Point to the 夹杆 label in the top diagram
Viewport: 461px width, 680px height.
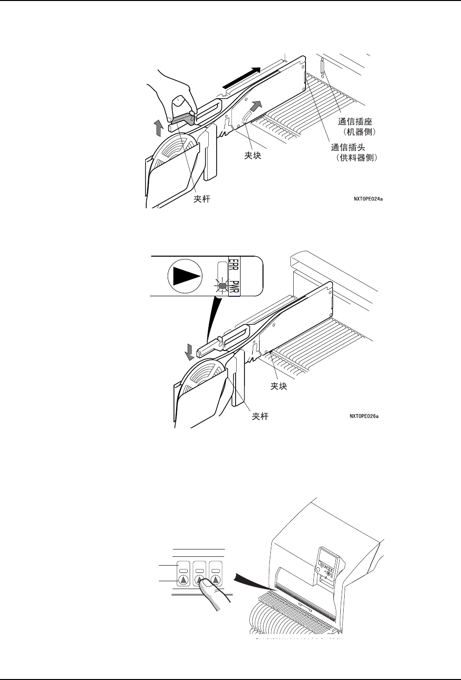[x=202, y=199]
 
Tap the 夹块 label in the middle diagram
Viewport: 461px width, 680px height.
[x=279, y=386]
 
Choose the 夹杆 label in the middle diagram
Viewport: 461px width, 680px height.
[x=260, y=417]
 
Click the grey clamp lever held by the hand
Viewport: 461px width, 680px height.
[x=180, y=119]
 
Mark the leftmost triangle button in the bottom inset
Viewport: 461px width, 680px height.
[x=183, y=580]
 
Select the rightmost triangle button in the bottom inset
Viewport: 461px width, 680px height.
[x=216, y=580]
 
